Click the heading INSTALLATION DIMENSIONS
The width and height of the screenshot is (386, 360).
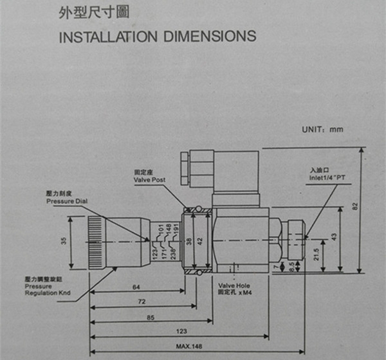pyautogui.click(x=157, y=35)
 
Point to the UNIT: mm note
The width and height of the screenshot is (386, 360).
pyautogui.click(x=322, y=129)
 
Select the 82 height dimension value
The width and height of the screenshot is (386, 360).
pyautogui.click(x=372, y=207)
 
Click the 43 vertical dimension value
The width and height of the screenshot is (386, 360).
pyautogui.click(x=350, y=237)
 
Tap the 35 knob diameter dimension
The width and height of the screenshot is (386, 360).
pyautogui.click(x=62, y=241)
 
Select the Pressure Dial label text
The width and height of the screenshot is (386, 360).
pyautogui.click(x=66, y=201)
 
